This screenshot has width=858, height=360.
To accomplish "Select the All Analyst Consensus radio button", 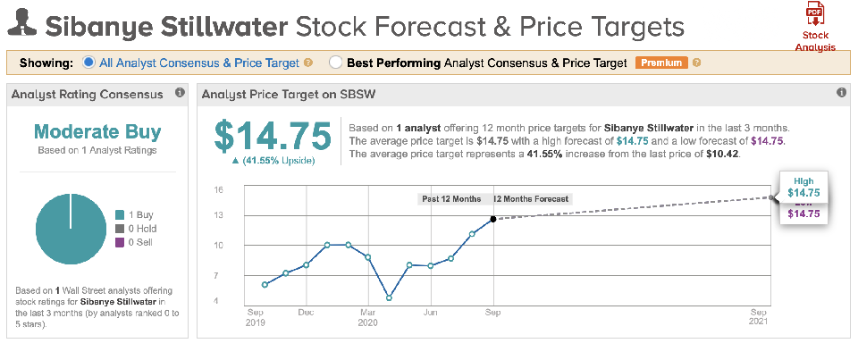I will [88, 63].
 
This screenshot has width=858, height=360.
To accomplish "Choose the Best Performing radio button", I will [335, 63].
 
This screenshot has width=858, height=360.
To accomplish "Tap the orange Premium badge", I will [660, 63].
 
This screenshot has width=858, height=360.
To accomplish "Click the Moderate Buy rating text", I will [97, 132].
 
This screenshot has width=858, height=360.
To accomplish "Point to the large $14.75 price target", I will [273, 136].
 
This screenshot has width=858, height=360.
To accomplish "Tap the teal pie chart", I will [71, 229].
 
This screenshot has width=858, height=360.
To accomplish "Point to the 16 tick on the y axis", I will [217, 189].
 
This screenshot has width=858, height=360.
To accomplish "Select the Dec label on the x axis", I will [306, 313].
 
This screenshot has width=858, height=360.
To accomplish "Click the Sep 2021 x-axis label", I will [759, 317].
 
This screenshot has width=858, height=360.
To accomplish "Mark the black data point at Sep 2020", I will [493, 219].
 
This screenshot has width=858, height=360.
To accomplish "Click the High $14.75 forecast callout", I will [803, 187].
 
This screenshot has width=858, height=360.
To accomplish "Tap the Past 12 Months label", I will [451, 198].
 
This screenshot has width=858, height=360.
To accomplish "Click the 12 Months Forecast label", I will [532, 198].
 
